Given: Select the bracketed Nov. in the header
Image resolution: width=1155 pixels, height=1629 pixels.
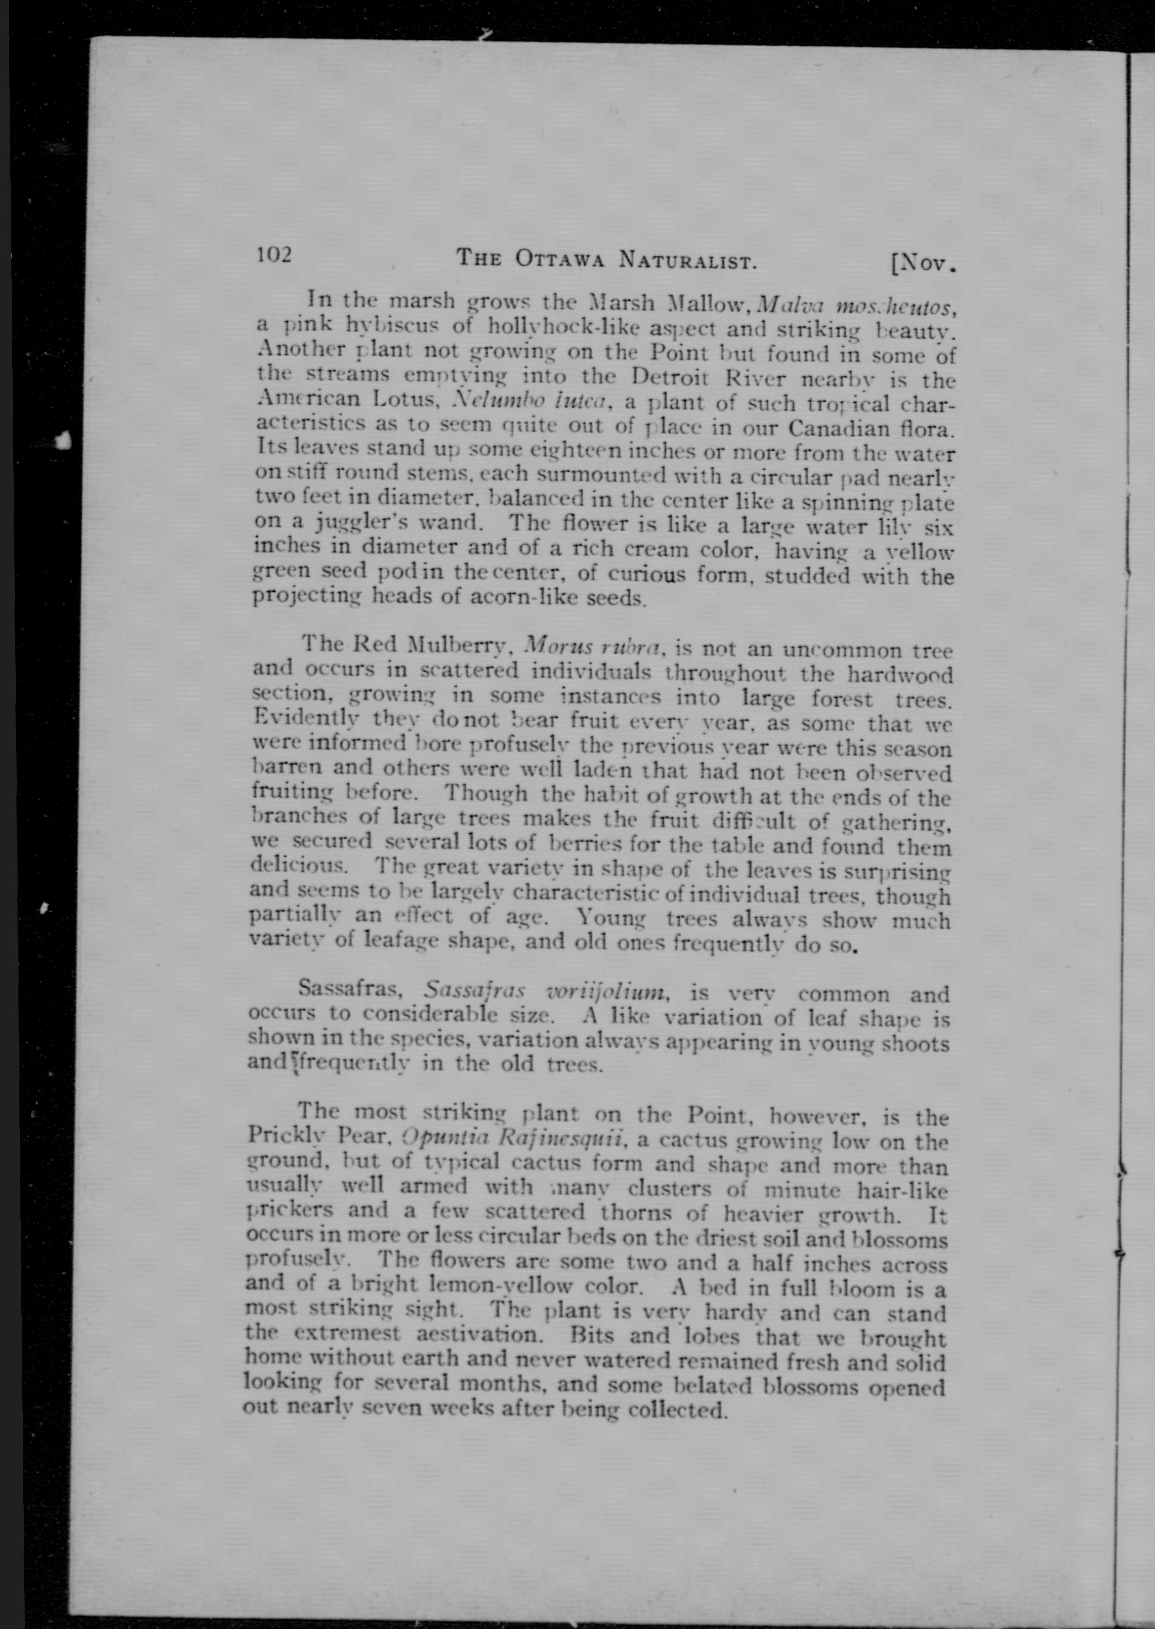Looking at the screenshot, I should tap(922, 265).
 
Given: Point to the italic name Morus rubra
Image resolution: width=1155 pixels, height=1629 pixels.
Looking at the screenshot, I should tap(592, 648).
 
